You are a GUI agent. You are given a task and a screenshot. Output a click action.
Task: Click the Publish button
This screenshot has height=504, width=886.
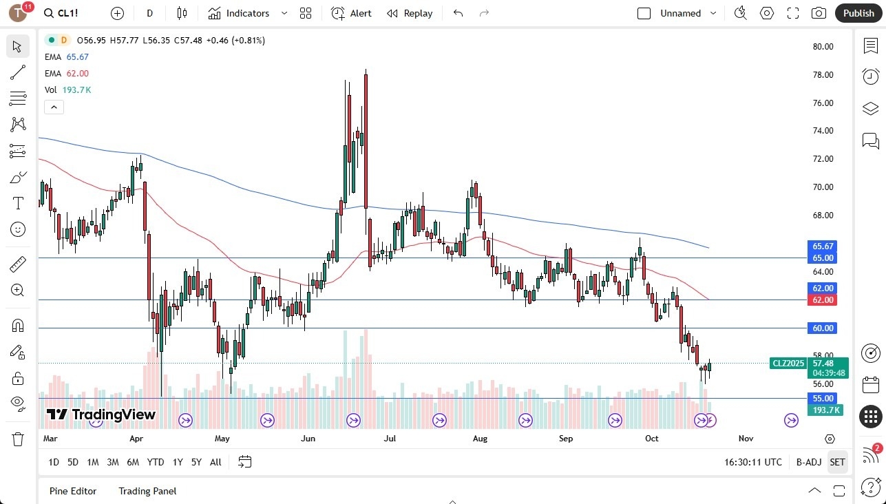click(x=858, y=13)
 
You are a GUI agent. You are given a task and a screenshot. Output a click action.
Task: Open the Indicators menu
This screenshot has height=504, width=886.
click(x=239, y=13)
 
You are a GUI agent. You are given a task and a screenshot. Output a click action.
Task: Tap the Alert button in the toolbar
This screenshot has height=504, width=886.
click(x=351, y=13)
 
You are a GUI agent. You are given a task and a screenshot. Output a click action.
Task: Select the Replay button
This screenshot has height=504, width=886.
click(x=410, y=13)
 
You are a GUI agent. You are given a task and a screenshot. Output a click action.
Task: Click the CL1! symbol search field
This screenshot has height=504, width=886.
click(x=69, y=13)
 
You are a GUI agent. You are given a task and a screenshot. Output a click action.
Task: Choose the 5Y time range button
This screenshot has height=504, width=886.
click(x=196, y=462)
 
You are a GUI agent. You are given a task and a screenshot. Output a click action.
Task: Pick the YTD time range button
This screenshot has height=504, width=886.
click(x=156, y=462)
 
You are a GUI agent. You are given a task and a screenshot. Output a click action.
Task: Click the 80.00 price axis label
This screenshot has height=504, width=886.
click(x=823, y=47)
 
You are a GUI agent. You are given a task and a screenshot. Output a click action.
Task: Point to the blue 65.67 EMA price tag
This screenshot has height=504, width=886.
click(x=823, y=246)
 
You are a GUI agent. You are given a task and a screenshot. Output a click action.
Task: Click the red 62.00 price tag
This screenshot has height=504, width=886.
click(x=823, y=300)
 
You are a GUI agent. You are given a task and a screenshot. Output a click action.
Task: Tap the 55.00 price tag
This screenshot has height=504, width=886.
click(x=823, y=398)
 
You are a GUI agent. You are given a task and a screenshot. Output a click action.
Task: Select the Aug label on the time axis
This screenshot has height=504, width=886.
click(x=480, y=438)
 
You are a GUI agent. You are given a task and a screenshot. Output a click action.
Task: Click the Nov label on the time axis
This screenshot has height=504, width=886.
click(x=746, y=438)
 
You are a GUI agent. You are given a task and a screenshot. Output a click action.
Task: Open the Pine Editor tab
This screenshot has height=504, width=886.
click(x=73, y=491)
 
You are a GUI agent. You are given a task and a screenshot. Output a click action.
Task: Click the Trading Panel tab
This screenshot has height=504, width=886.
click(x=147, y=491)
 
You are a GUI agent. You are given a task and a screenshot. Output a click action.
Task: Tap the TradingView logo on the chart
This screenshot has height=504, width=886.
click(x=101, y=414)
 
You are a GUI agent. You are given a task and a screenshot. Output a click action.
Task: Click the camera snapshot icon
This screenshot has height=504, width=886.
click(x=819, y=13)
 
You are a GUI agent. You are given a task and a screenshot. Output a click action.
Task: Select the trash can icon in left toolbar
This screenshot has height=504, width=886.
click(x=17, y=439)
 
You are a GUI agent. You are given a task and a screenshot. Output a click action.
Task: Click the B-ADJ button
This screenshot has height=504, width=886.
click(x=809, y=462)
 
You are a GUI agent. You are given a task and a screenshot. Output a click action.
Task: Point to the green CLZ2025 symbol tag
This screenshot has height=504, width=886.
click(x=788, y=364)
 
